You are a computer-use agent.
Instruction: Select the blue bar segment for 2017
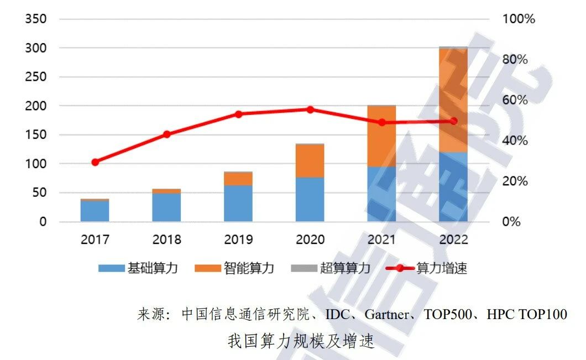pyautogui.click(x=95, y=211)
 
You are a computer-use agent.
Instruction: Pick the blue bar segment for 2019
pyautogui.click(x=238, y=204)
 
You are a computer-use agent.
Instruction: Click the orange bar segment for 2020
pyautogui.click(x=310, y=161)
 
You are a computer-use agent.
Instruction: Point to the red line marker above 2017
pyautogui.click(x=95, y=162)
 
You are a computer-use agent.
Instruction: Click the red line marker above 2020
pyautogui.click(x=310, y=109)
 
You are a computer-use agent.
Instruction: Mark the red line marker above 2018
pyautogui.click(x=167, y=134)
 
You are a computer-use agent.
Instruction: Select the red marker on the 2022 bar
pyautogui.click(x=454, y=121)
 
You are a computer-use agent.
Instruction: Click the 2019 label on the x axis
pyautogui.click(x=238, y=239)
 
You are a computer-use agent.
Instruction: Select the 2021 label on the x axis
pyautogui.click(x=381, y=239)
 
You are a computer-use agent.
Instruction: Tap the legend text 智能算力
pyautogui.click(x=249, y=269)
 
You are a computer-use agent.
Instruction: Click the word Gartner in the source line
pyautogui.click(x=387, y=315)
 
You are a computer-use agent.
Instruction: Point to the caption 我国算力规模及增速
pyautogui.click(x=301, y=341)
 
